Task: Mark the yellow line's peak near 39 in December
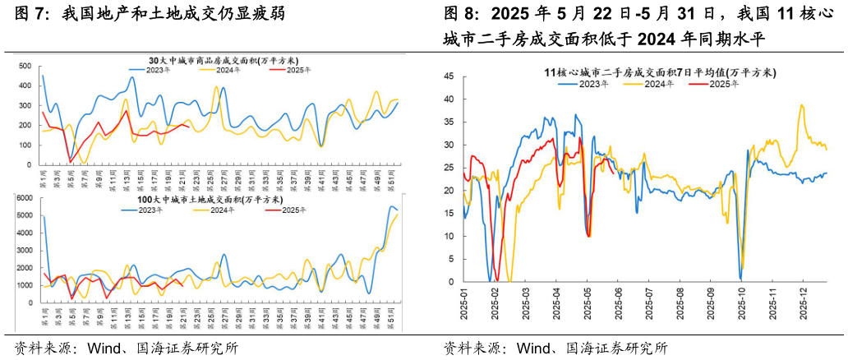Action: [x=802, y=105]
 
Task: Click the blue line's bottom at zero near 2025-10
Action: [x=741, y=279]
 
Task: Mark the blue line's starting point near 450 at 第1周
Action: [x=43, y=76]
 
